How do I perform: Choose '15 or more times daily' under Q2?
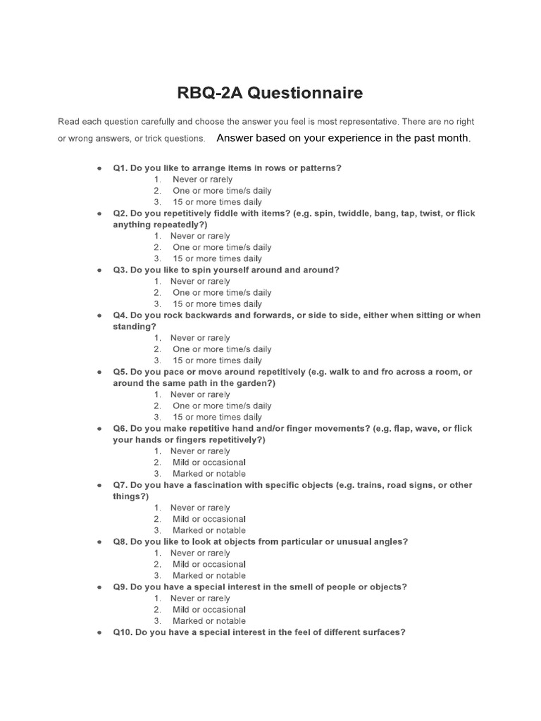pos(217,258)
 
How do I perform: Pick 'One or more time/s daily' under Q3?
pos(222,292)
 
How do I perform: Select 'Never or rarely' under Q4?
pos(200,338)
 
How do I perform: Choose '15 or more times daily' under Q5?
pos(217,417)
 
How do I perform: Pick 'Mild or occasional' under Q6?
pos(209,463)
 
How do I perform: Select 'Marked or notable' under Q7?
pos(209,530)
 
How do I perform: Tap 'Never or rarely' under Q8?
pos(200,553)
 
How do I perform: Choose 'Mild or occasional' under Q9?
pos(209,610)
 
